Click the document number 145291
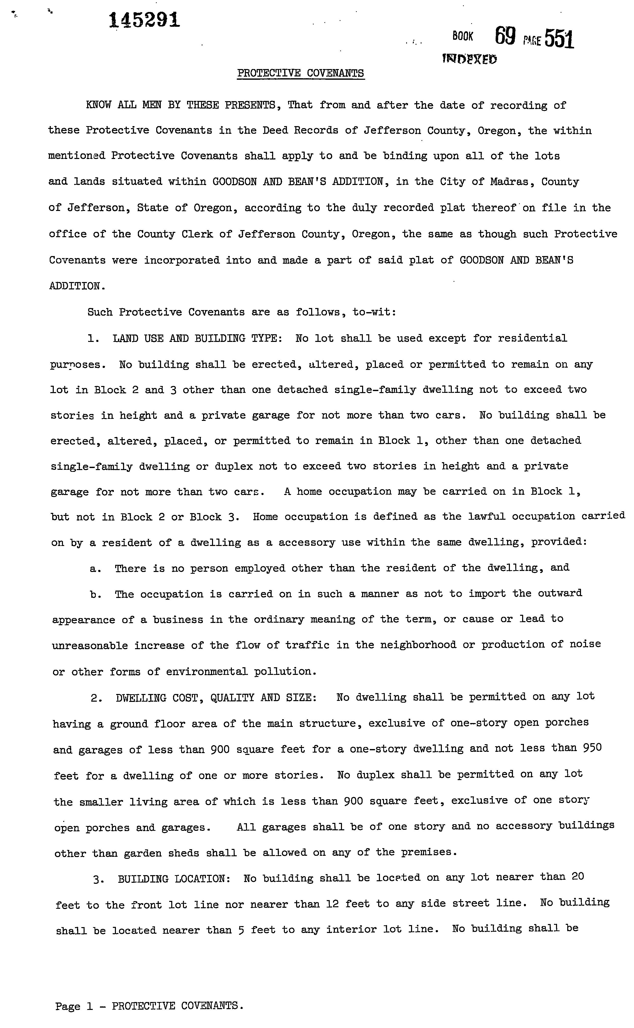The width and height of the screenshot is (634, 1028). coord(145,20)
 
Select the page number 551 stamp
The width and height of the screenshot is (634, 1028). coord(559,40)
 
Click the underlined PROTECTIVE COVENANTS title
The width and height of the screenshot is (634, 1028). coord(301,73)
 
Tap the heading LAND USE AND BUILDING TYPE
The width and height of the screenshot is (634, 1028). coord(195,338)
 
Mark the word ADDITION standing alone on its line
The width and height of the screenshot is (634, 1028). coord(75,286)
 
